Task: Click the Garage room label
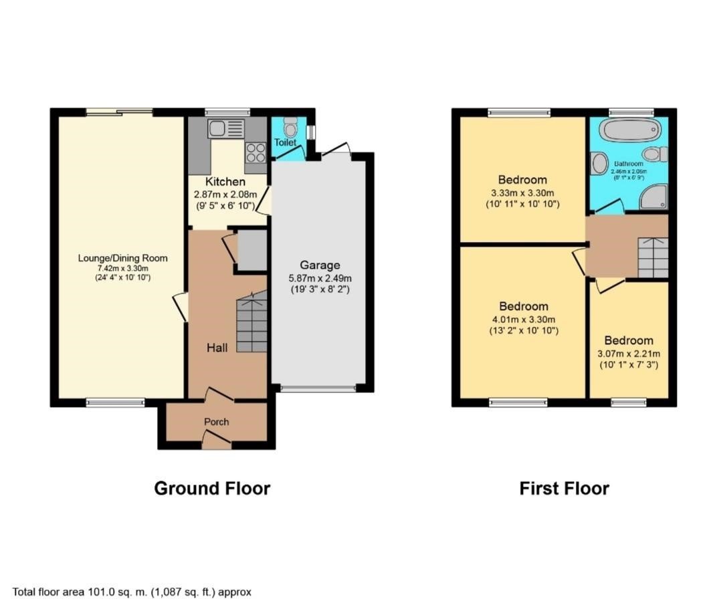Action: pos(320,265)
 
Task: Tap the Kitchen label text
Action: pos(225,182)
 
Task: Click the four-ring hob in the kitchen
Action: pos(257,152)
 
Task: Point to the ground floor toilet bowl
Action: pos(290,127)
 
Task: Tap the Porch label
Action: pos(216,422)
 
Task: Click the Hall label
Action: pos(217,348)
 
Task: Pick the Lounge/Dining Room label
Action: pos(122,258)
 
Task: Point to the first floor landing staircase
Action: pos(652,257)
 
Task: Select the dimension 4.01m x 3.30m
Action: pos(524,319)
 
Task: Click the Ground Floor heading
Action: pos(212,488)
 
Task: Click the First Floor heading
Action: pos(564,488)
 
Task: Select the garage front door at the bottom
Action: pos(318,388)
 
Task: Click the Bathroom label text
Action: pos(629,164)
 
